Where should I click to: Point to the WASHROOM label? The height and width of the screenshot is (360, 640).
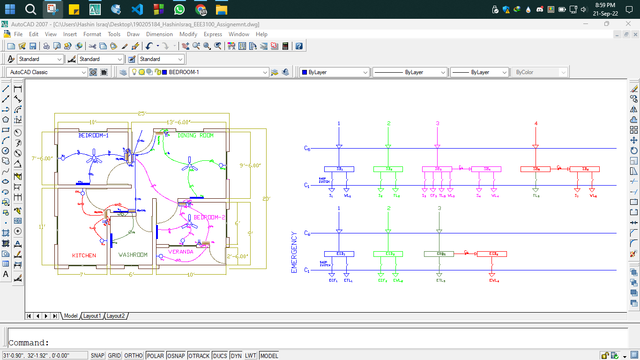[x=133, y=255]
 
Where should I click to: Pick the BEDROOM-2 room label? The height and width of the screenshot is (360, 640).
[x=211, y=217]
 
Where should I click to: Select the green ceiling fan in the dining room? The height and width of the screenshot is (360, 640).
[x=191, y=160]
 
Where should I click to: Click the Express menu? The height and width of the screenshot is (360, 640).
[x=213, y=34]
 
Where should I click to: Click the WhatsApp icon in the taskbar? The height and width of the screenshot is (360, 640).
[x=181, y=9]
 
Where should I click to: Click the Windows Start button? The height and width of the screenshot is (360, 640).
[x=9, y=9]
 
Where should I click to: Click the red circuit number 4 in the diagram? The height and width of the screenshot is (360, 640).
[x=537, y=123]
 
